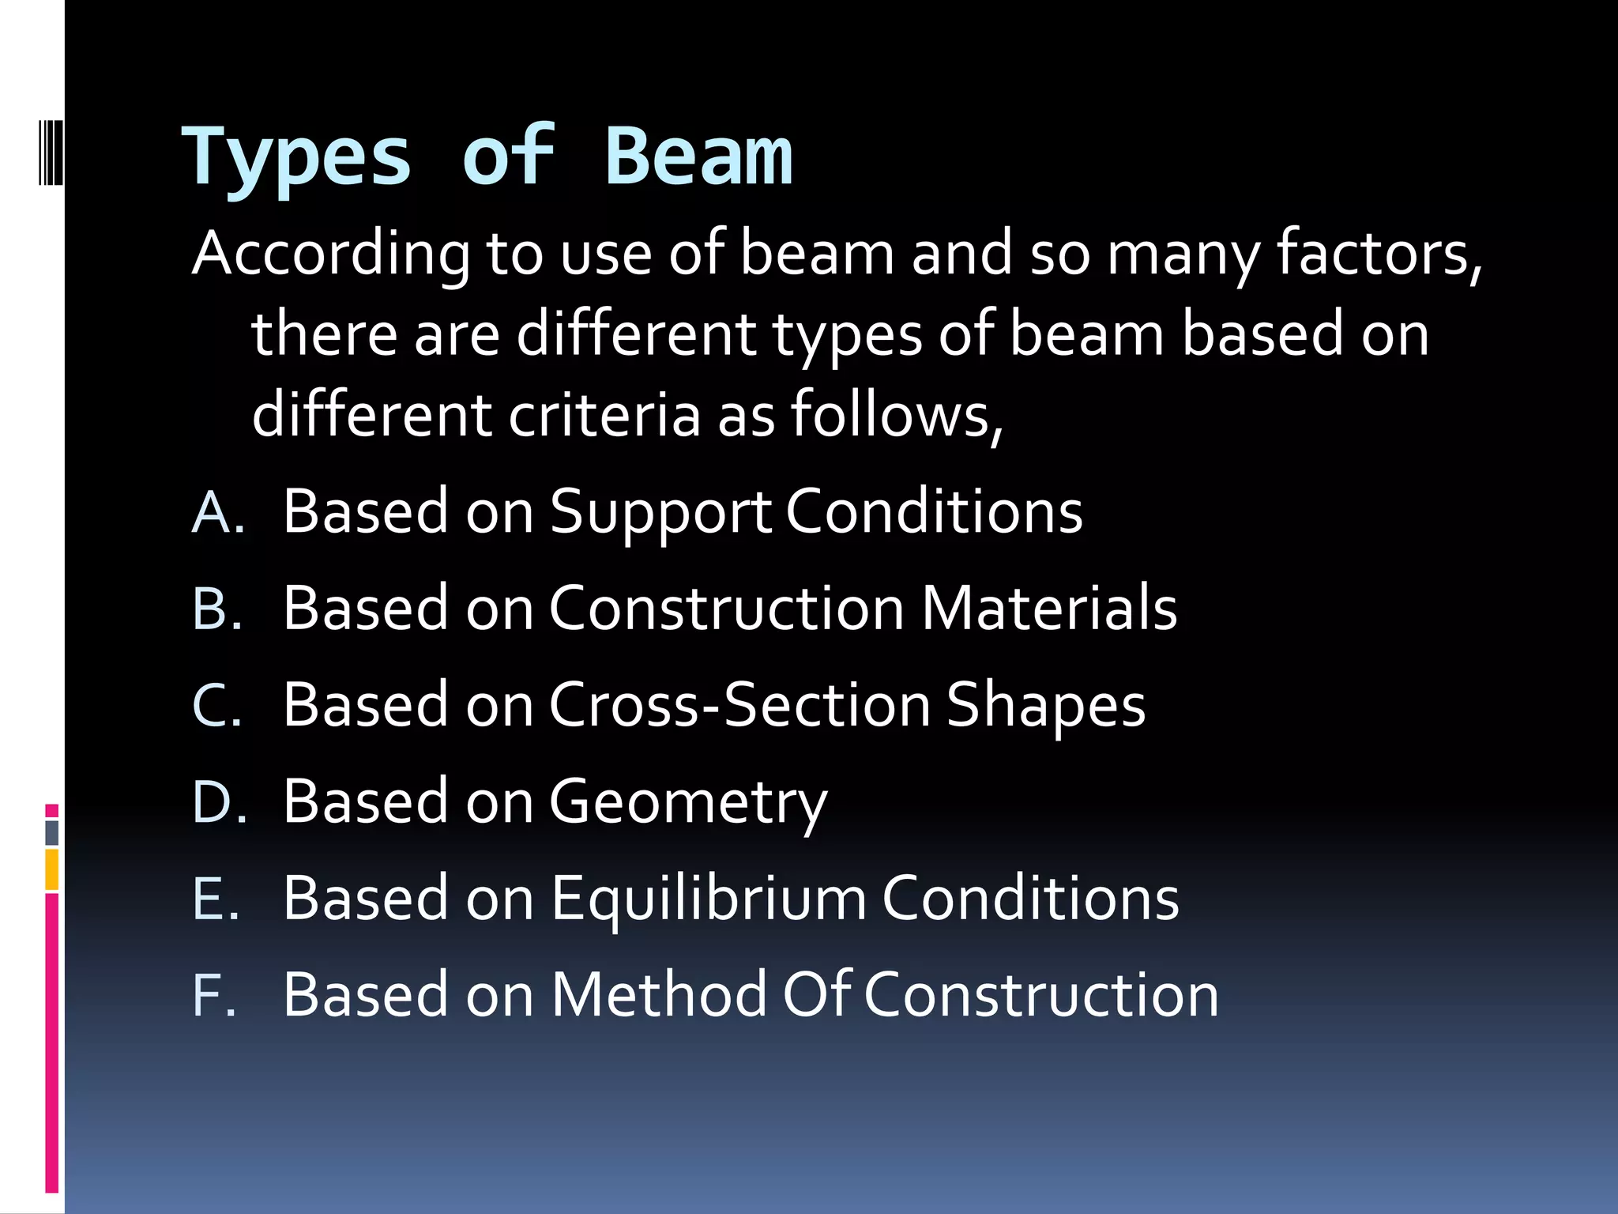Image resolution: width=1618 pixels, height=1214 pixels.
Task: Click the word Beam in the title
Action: (698, 158)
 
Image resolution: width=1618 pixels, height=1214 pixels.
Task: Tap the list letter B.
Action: (215, 609)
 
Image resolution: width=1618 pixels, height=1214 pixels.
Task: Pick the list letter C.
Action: (215, 705)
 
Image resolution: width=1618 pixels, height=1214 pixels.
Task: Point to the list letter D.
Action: (216, 801)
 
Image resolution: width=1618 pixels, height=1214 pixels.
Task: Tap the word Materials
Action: (1048, 609)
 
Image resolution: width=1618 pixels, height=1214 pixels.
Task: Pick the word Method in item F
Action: (659, 995)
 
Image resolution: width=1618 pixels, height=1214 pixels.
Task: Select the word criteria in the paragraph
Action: (604, 416)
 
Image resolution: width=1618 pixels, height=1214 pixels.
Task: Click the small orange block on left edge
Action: (52, 869)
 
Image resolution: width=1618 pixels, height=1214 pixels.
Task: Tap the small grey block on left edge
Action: (52, 832)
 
